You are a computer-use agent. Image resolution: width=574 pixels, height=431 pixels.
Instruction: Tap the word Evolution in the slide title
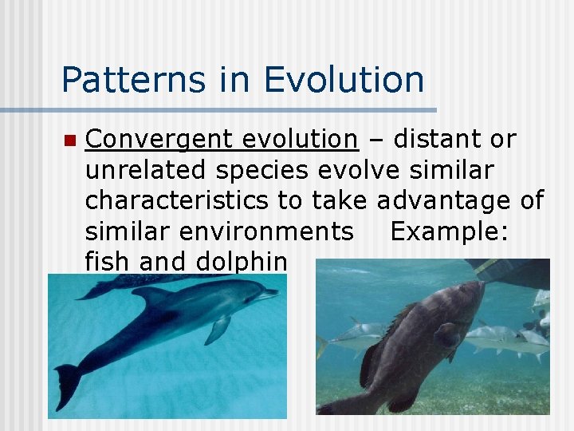click(x=344, y=80)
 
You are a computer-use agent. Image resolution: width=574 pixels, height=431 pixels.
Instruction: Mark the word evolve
click(x=357, y=170)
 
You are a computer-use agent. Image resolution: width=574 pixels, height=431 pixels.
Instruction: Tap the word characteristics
click(x=177, y=200)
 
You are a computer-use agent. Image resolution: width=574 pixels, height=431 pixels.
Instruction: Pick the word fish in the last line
click(x=108, y=261)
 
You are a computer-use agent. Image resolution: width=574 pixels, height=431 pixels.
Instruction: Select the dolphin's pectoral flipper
click(x=217, y=330)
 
